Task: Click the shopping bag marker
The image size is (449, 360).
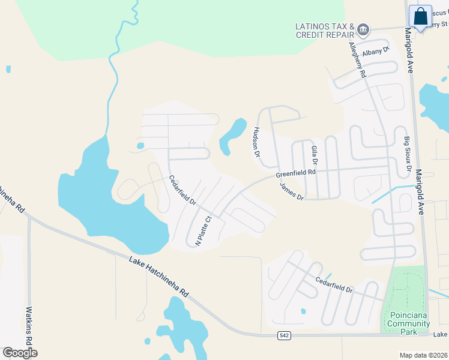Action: (420, 17)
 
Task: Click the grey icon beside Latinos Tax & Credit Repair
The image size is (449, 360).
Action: (363, 29)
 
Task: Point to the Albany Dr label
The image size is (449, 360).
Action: (376, 52)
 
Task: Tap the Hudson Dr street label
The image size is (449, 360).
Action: (256, 142)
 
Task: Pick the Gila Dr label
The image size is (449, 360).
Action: (314, 155)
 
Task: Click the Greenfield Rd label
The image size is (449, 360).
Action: (296, 173)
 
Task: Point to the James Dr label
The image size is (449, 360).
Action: (292, 190)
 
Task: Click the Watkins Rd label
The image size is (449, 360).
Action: (28, 326)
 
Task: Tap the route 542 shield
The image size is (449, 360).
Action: (285, 335)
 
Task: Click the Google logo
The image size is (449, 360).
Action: (20, 352)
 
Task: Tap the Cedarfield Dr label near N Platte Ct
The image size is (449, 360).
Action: (182, 190)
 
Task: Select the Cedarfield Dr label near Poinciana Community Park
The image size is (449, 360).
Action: (334, 285)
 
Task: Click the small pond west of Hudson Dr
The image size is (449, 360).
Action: (233, 136)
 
